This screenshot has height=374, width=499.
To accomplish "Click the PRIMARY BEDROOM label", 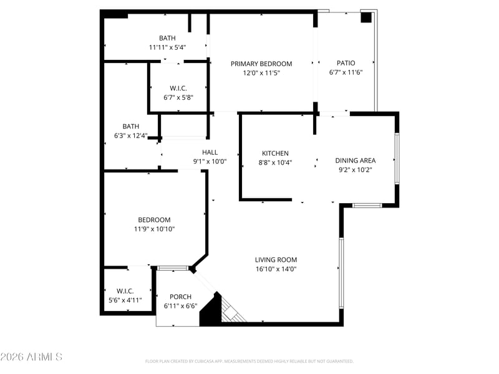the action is click(261, 64).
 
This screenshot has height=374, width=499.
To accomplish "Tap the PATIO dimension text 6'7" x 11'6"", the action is click(346, 72).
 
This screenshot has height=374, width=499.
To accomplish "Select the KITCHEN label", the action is click(275, 153).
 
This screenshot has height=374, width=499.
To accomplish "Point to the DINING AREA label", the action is click(356, 161).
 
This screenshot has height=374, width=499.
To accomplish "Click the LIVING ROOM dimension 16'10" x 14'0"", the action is click(276, 269).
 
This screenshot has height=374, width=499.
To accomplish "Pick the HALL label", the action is click(210, 152).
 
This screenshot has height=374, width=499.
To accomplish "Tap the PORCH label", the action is click(180, 297).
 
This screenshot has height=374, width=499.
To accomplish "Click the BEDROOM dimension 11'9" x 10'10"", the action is click(154, 229).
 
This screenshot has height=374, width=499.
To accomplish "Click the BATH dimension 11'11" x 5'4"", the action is click(167, 48).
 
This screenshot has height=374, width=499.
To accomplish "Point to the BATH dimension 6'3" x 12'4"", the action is click(131, 136).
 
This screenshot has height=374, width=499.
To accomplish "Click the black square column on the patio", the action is click(366, 17).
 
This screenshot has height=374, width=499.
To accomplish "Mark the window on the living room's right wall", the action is click(341, 273).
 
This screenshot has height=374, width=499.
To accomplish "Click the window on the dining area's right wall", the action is click(397, 158).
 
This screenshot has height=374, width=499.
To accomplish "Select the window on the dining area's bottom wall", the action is click(367, 206).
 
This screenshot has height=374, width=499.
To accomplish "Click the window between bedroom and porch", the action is click(173, 268).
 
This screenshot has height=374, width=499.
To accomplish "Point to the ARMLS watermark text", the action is click(31, 357).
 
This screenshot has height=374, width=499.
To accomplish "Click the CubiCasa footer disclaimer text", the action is click(249, 362).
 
